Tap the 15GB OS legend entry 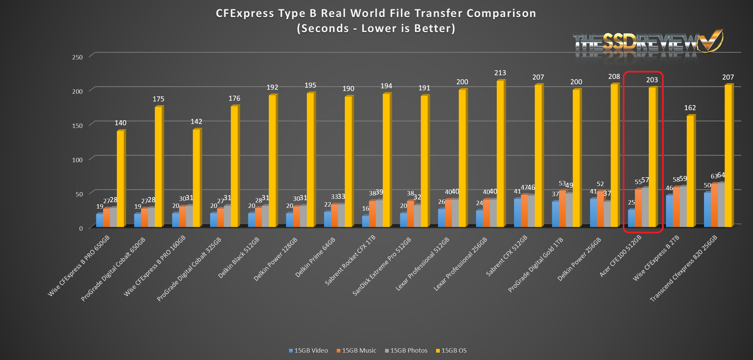[451, 351]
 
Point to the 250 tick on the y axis [77, 57]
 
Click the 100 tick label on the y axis [77, 160]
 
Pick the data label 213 [500, 73]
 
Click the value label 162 [690, 108]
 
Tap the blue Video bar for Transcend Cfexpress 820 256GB [707, 210]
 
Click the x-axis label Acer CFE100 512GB [621, 256]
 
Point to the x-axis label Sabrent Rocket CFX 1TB [350, 260]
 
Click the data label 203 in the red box [652, 80]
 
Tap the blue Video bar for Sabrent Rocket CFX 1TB [365, 221]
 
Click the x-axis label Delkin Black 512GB [239, 258]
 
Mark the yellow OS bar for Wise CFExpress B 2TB [690, 171]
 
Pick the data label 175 [158, 99]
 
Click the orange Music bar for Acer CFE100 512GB [638, 208]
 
